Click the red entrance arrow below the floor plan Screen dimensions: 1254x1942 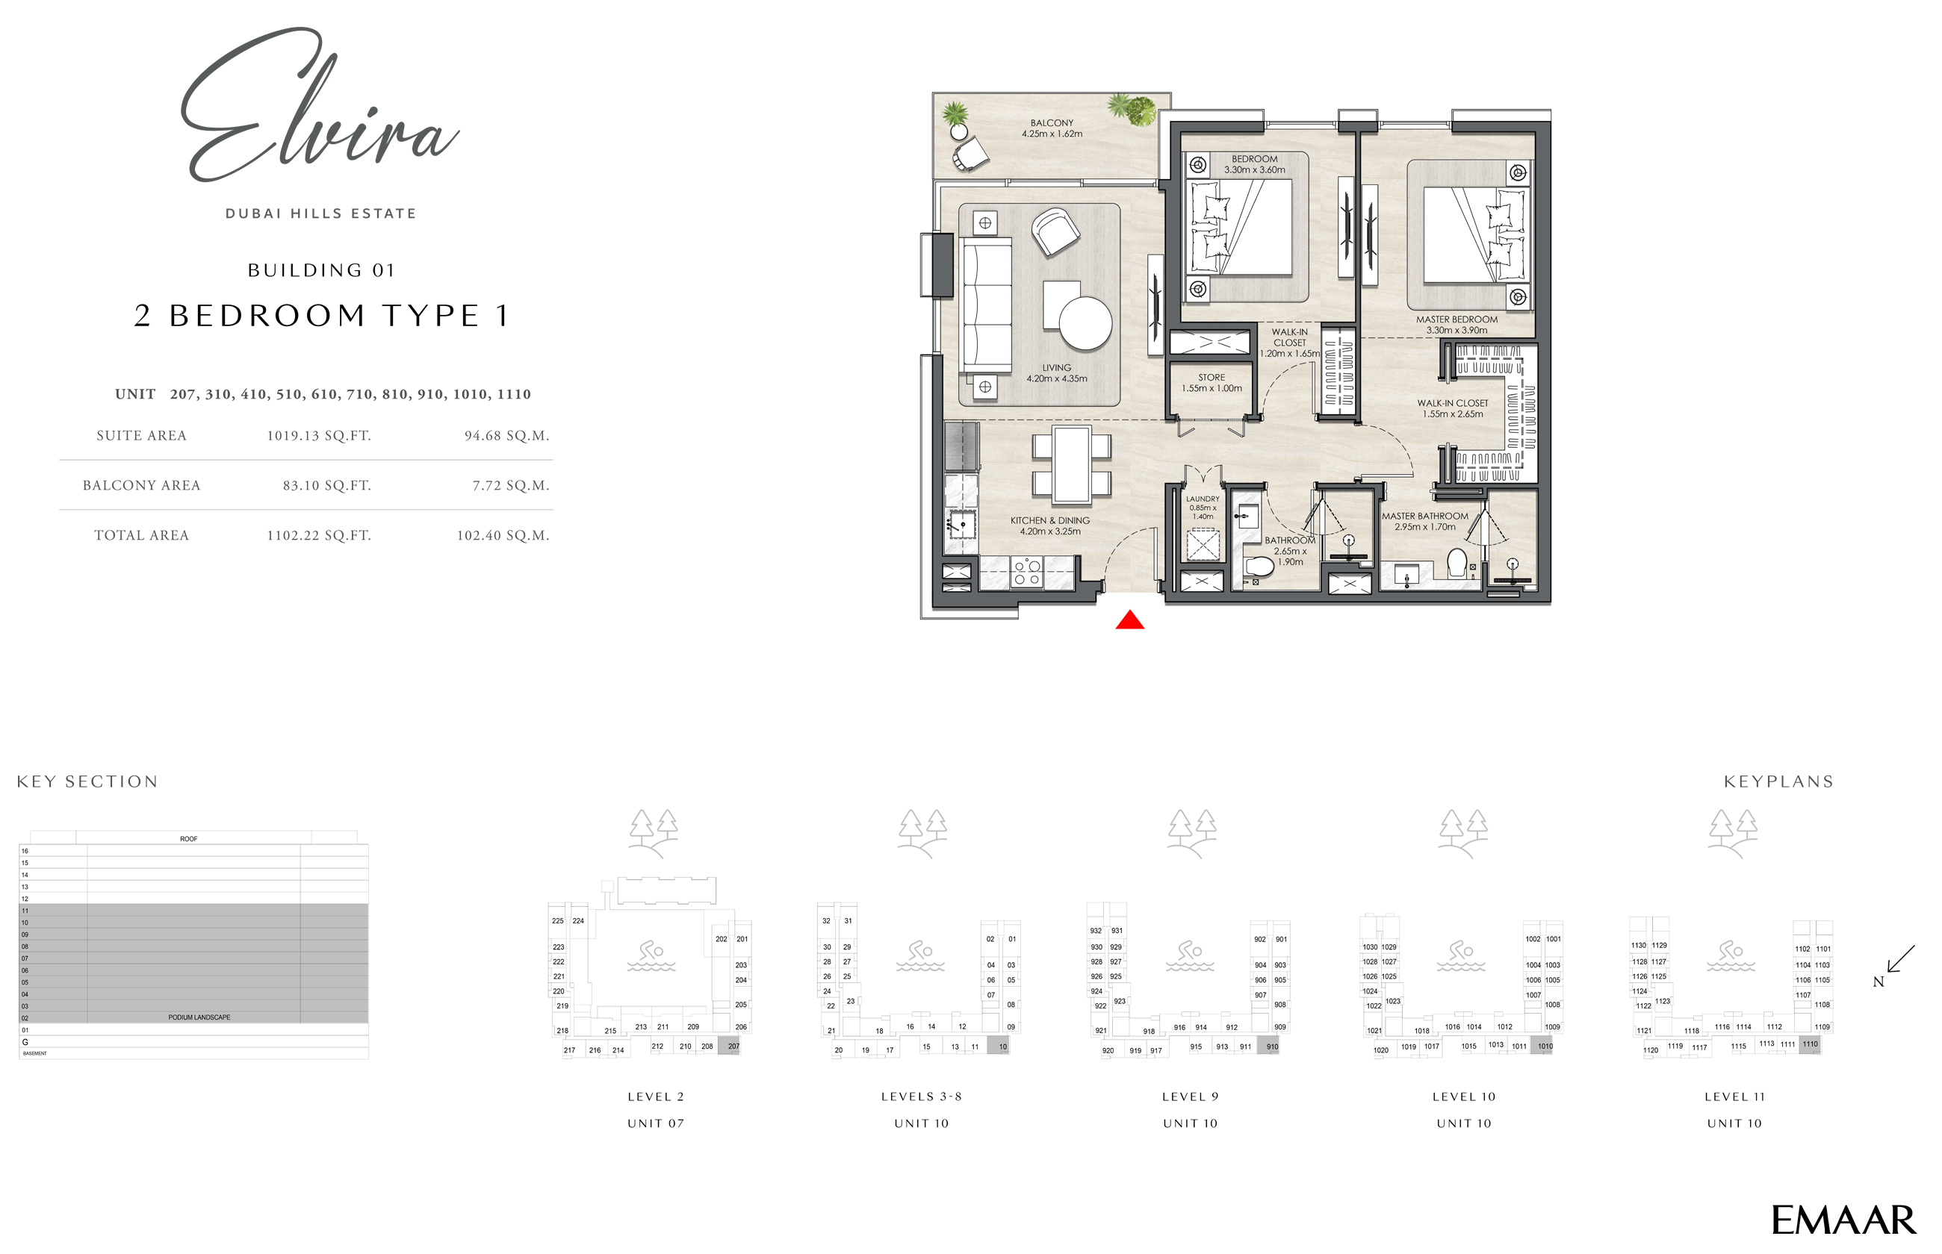coord(1129,621)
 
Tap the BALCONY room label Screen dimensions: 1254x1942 coord(1052,123)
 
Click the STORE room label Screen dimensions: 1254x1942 coord(1212,378)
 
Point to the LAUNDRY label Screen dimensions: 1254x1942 coord(1203,499)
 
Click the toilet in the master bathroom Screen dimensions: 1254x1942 coord(1456,563)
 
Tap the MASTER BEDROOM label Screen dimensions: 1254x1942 coord(1456,320)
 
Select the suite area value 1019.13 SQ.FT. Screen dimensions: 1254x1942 coord(318,436)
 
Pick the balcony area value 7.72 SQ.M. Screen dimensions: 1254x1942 coord(511,485)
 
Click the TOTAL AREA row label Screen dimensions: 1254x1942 coord(141,535)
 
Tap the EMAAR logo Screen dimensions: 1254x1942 coord(1843,1220)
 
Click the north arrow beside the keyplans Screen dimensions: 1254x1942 coord(1899,961)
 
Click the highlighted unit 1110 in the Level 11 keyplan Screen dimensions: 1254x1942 coord(1809,1045)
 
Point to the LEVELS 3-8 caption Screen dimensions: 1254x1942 coord(921,1097)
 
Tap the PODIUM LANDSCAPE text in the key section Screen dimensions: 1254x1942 coord(199,1017)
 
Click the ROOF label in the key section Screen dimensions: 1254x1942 coord(188,839)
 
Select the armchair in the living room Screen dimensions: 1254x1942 coord(1055,231)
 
